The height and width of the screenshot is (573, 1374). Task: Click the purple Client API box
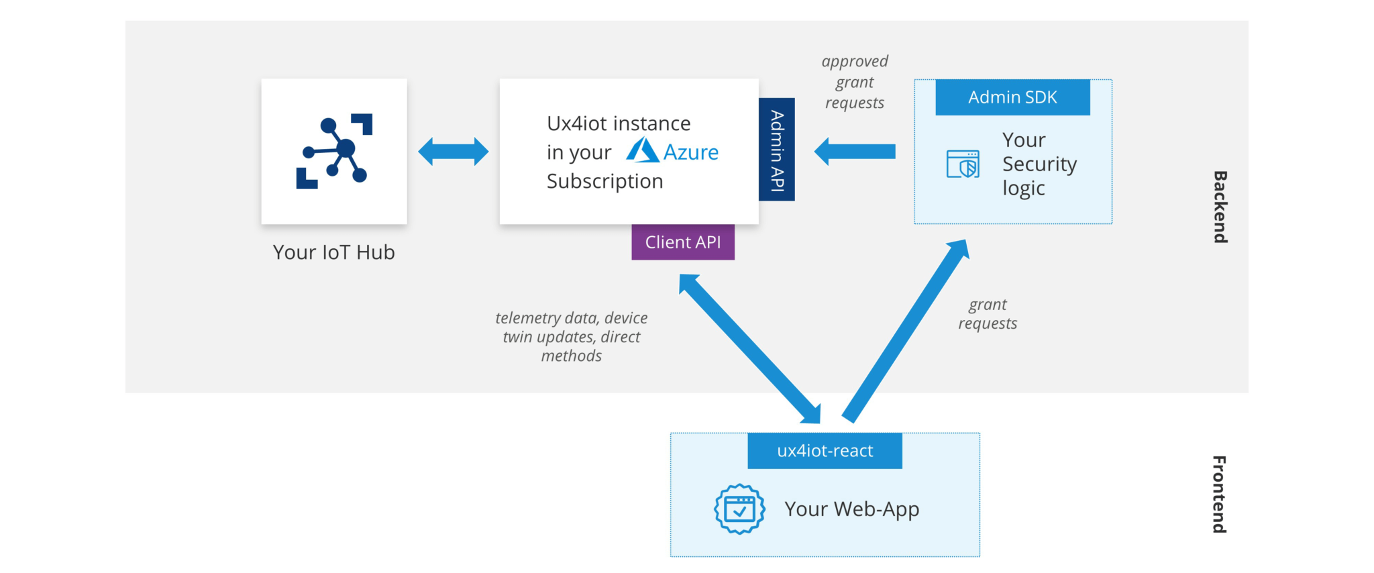tap(682, 242)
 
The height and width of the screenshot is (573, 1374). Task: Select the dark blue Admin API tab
tap(776, 150)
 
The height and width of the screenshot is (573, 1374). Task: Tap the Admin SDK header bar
tap(1012, 97)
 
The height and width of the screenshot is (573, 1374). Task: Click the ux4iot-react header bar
tap(825, 451)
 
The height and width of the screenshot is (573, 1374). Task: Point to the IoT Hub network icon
tap(334, 151)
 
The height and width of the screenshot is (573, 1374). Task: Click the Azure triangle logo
tap(642, 150)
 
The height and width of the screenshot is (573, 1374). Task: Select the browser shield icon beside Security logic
tap(963, 164)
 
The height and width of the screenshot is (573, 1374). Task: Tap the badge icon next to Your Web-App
tap(739, 509)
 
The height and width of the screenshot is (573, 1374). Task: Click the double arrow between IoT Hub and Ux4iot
tap(453, 152)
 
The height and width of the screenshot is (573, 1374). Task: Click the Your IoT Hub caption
tap(333, 252)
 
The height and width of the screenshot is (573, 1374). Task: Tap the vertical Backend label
tap(1220, 207)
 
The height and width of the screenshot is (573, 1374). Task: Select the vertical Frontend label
tap(1219, 494)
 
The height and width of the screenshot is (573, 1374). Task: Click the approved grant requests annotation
tap(854, 82)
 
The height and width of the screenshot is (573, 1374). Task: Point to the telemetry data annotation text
tap(572, 337)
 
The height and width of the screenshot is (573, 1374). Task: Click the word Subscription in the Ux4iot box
tap(604, 181)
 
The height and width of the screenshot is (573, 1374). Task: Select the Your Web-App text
tap(851, 509)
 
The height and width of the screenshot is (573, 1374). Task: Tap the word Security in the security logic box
tap(1039, 164)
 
